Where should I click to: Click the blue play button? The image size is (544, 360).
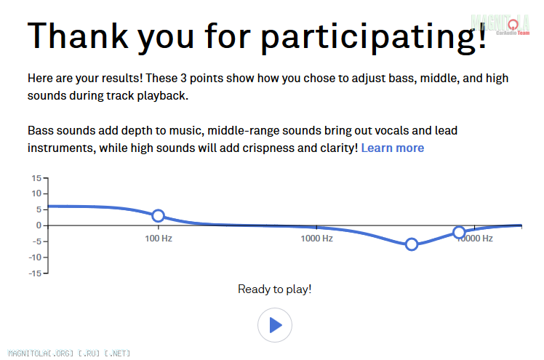click(x=275, y=325)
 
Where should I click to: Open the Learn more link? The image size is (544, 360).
click(x=393, y=148)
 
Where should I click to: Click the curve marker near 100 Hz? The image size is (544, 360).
click(x=159, y=216)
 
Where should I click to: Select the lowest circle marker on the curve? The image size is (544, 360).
click(x=412, y=244)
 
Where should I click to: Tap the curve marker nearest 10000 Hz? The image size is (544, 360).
click(x=459, y=233)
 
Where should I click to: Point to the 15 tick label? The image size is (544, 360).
click(x=36, y=178)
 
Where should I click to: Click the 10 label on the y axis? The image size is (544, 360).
click(x=36, y=193)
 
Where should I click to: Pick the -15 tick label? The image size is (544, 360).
click(x=35, y=273)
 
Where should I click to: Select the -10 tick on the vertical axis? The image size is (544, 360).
click(x=35, y=257)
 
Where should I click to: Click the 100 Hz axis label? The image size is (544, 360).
click(x=159, y=239)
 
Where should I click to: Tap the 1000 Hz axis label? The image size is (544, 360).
click(x=317, y=239)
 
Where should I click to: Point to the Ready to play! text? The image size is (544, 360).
click(x=275, y=289)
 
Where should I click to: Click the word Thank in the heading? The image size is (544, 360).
click(x=78, y=36)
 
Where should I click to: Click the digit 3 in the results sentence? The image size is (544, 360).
click(x=183, y=79)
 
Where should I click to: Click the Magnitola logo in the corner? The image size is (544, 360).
click(x=500, y=25)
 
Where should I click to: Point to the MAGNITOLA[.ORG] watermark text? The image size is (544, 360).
click(x=41, y=353)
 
